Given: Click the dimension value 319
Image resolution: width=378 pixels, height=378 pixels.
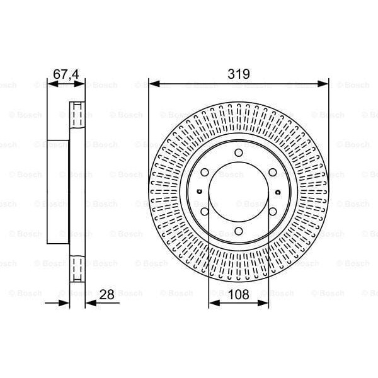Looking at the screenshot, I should (239, 74).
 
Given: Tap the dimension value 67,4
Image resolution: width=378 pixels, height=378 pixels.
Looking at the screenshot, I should (66, 74).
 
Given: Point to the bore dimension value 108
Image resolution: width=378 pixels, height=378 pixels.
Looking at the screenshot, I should (238, 294).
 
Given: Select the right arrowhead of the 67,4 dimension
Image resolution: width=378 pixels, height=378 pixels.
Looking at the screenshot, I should (81, 83).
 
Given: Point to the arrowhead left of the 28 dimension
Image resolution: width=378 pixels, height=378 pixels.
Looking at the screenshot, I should (65, 303).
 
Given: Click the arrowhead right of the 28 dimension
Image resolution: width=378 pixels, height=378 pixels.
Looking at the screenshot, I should (89, 303).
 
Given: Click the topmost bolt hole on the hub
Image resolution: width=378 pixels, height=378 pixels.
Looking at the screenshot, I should (239, 153).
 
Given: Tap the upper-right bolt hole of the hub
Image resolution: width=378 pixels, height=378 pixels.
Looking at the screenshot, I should (272, 173).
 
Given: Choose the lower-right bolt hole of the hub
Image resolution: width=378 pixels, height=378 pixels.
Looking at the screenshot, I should (272, 212).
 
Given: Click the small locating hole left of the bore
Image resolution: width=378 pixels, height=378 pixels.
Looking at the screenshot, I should (198, 192).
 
